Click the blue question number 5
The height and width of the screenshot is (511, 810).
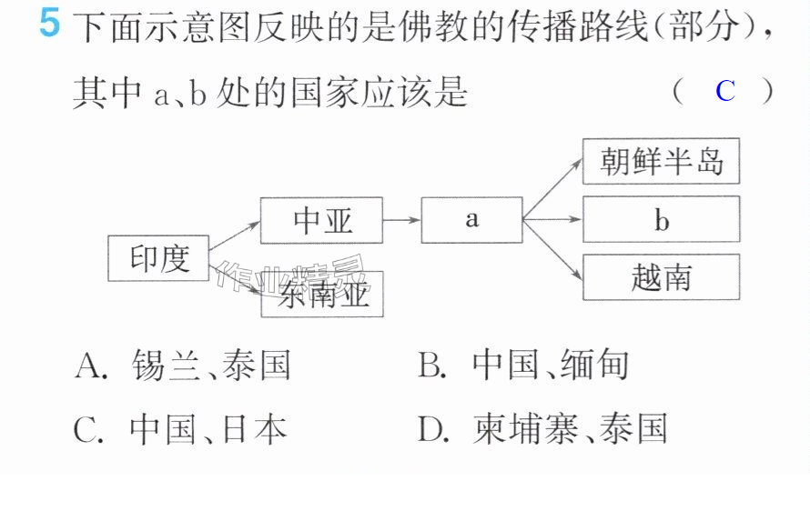click(49, 23)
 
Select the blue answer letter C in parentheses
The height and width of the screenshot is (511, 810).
click(725, 91)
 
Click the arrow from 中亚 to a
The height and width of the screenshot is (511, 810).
click(401, 220)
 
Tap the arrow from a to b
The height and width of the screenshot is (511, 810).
click(552, 219)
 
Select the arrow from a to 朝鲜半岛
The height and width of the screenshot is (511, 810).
click(552, 189)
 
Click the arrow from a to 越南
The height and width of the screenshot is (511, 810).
click(552, 250)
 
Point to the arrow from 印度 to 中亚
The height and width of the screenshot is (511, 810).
click(235, 235)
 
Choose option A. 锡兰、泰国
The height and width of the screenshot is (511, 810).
click(182, 366)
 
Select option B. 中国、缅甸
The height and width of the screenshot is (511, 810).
click(522, 365)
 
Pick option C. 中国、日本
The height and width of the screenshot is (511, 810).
click(180, 429)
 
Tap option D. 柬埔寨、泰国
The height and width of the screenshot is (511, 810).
click(542, 428)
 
